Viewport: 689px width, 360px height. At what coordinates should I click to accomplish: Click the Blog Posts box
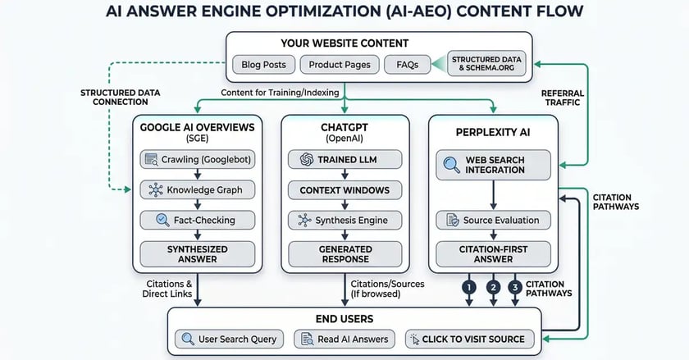[x=263, y=64]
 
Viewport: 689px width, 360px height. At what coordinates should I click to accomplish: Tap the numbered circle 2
[x=492, y=287]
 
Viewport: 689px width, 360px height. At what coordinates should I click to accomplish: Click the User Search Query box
[x=229, y=338]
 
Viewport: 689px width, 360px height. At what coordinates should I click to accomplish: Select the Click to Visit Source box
[x=467, y=338]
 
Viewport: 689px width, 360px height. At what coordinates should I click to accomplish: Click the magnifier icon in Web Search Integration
[x=452, y=163]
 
